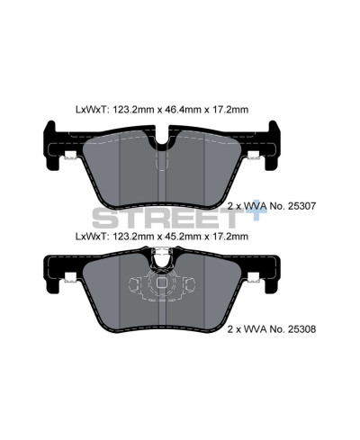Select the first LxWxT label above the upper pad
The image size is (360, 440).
[x=92, y=111]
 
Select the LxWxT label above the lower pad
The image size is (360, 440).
[x=92, y=237]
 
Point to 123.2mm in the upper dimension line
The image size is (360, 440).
[x=135, y=111]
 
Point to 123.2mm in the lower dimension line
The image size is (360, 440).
[x=135, y=237]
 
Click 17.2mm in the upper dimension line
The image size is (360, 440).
[x=231, y=111]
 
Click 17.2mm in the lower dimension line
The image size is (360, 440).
[x=231, y=237]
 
